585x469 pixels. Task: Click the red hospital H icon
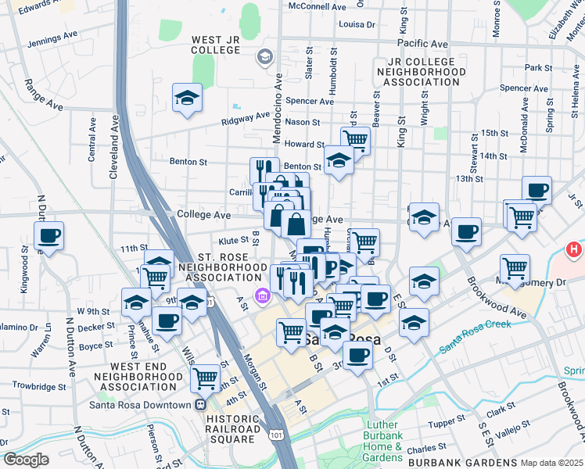click(574, 250)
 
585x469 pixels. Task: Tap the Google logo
click(26, 460)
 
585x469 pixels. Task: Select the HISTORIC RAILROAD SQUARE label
click(232, 429)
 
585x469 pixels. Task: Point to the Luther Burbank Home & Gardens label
click(382, 441)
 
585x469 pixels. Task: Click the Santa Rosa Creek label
click(474, 335)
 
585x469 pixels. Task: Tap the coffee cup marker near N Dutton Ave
click(48, 235)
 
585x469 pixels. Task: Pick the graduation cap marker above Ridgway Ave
click(187, 98)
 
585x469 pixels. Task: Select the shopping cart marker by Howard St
click(355, 141)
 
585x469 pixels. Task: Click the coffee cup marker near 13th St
click(537, 189)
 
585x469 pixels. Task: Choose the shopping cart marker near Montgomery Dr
click(515, 268)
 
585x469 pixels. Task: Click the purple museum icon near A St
click(261, 295)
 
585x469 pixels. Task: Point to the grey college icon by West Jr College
click(265, 55)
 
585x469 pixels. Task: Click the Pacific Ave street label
click(422, 44)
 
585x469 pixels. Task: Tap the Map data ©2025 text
click(551, 463)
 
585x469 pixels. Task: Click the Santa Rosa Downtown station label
click(141, 405)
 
